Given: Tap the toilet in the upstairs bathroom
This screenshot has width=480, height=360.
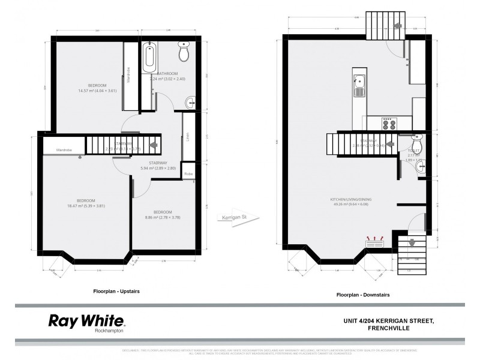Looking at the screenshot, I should coord(184,53).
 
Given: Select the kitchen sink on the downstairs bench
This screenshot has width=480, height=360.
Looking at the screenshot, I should coord(359,85).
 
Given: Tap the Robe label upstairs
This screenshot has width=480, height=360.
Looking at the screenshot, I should coord(188,174).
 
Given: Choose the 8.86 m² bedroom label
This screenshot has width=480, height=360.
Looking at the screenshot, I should coord(163,215).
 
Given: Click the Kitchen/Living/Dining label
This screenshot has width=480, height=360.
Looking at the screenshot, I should coord(355,200).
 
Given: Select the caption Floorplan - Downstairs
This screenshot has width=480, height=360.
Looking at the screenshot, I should coord(362,295).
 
